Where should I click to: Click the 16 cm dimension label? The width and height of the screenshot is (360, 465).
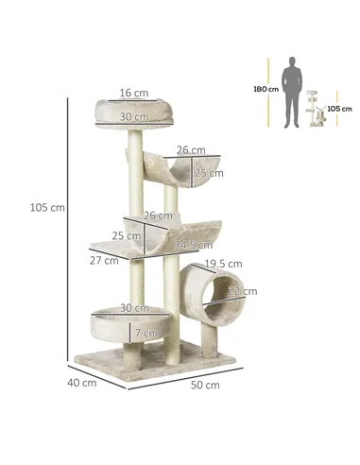coord(133,93)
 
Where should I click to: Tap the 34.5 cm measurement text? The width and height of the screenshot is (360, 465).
coord(193,245)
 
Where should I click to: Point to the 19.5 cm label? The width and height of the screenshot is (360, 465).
coord(223,264)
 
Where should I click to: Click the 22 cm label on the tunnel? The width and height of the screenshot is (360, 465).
coord(243,290)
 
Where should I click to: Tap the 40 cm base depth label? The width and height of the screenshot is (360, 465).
coord(82,383)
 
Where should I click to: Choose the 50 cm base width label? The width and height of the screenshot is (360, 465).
coord(205,386)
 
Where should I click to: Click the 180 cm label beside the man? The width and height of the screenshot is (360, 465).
coord(266,89)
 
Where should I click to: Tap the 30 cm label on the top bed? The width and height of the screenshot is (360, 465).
coord(133,116)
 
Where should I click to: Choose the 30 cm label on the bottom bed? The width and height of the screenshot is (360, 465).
coord(133,308)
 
